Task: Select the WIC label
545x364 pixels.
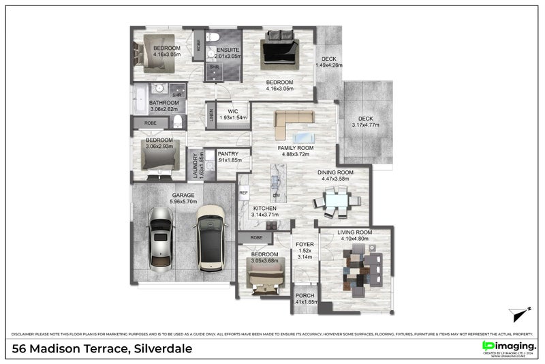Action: click(x=232, y=111)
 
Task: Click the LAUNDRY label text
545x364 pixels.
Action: click(x=194, y=166)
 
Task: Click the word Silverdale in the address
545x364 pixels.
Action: click(x=163, y=349)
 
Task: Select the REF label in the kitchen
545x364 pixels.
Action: click(x=243, y=194)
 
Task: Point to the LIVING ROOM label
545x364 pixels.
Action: click(x=354, y=232)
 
